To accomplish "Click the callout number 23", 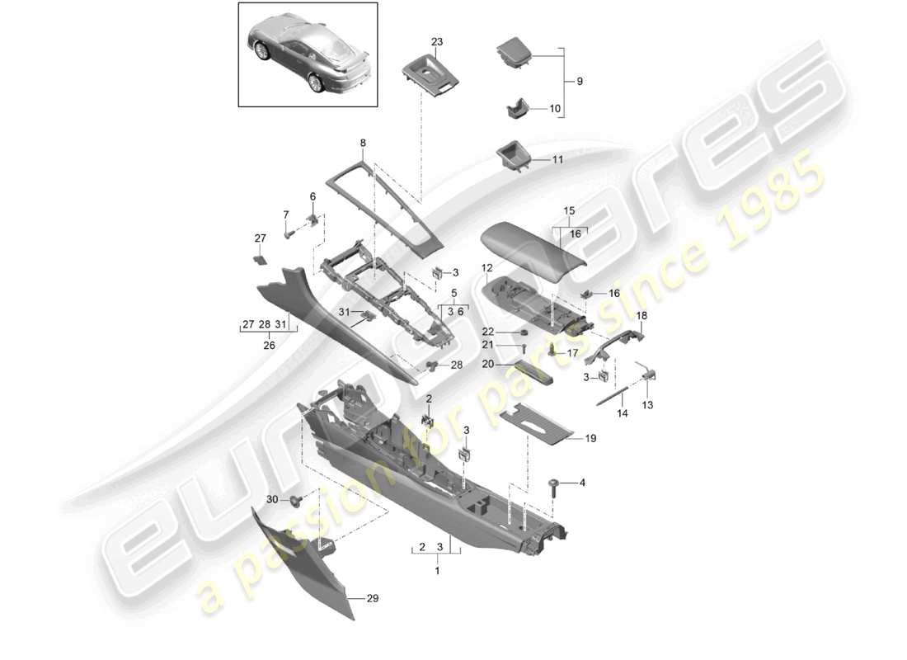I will click(x=436, y=40).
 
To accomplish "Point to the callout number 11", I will click(x=557, y=158).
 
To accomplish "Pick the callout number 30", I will click(x=272, y=500).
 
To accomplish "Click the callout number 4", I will click(x=583, y=482).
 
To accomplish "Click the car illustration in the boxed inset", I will click(x=308, y=54).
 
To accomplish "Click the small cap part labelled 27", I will click(x=259, y=257).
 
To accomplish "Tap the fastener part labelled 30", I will click(x=296, y=499).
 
